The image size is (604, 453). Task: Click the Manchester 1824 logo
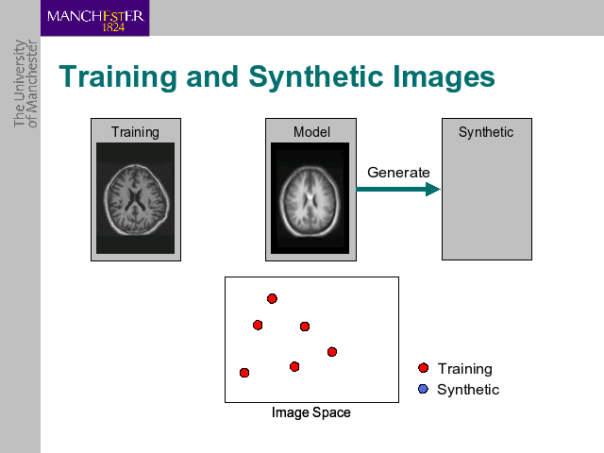(x=94, y=18)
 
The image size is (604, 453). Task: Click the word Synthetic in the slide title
(x=314, y=77)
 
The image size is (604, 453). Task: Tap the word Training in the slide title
(x=118, y=77)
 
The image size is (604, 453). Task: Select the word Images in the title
(x=444, y=77)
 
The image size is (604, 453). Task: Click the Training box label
(x=135, y=132)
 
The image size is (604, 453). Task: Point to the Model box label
(x=311, y=132)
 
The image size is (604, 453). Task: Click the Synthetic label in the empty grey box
(x=486, y=132)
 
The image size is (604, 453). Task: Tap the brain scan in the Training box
(x=135, y=198)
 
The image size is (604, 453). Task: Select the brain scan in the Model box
(x=310, y=198)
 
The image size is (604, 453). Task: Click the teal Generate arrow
(x=398, y=189)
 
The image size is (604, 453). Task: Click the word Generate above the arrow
(x=398, y=172)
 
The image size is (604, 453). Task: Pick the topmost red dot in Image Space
(x=272, y=298)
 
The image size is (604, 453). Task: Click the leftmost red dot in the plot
(x=244, y=373)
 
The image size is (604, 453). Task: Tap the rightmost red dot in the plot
(x=332, y=352)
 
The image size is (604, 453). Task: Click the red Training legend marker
(x=424, y=368)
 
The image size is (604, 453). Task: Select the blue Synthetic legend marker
(x=424, y=389)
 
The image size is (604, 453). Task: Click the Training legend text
(x=465, y=369)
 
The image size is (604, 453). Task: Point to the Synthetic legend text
(x=468, y=390)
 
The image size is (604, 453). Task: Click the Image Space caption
(x=311, y=412)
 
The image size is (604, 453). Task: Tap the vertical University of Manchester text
(x=25, y=83)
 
